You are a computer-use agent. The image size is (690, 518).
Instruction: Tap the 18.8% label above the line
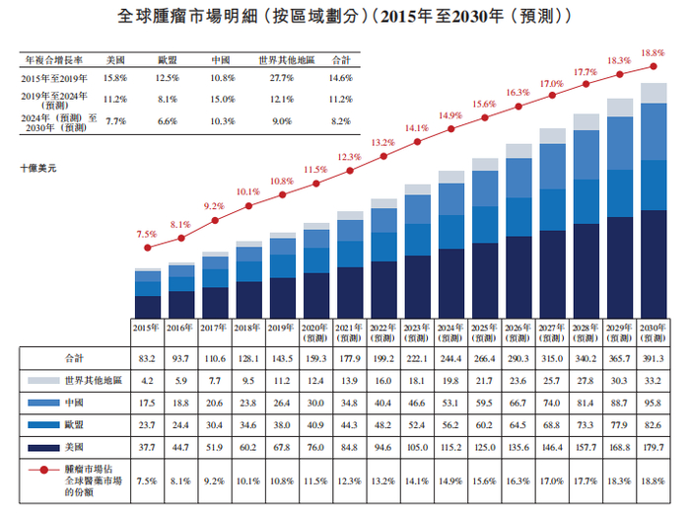point(653,53)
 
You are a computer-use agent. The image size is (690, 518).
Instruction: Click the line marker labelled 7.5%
point(147,249)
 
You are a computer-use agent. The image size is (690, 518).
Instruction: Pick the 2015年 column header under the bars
point(147,329)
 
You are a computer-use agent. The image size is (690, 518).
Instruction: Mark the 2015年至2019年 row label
point(53,76)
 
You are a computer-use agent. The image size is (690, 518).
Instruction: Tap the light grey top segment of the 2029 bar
point(619,108)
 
